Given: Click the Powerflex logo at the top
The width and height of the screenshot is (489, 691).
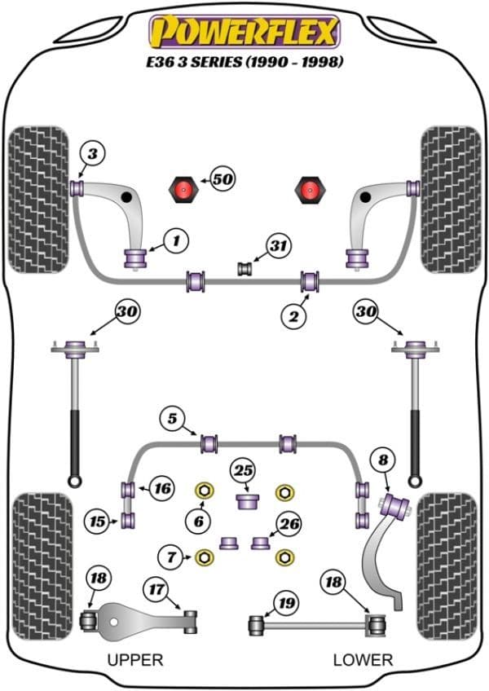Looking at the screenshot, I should coord(244,32).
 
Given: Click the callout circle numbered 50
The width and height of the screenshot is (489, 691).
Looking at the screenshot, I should coord(222,178).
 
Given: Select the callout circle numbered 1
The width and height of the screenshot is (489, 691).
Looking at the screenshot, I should coord(176,240).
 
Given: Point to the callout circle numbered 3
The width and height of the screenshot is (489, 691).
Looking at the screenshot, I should coord(92,152).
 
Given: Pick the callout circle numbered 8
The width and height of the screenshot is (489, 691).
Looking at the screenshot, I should coord(383,460).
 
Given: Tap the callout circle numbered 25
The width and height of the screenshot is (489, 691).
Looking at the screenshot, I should coord(243,470).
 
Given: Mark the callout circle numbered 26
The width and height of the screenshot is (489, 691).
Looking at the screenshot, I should coord(289,524).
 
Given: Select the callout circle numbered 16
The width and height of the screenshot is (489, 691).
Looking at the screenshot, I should coord(162,489).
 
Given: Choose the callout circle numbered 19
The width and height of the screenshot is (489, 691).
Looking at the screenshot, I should coord(284,604).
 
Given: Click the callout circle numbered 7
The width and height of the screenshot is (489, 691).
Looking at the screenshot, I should coord(171,558).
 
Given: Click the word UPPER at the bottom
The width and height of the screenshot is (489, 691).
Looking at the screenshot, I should coord(135,659).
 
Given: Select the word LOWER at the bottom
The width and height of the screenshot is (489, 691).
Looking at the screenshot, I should coord(363,659).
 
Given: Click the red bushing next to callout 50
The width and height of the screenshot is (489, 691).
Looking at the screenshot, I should coord(185,191).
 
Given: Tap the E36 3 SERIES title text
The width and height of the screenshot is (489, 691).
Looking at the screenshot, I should coord(244,62).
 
